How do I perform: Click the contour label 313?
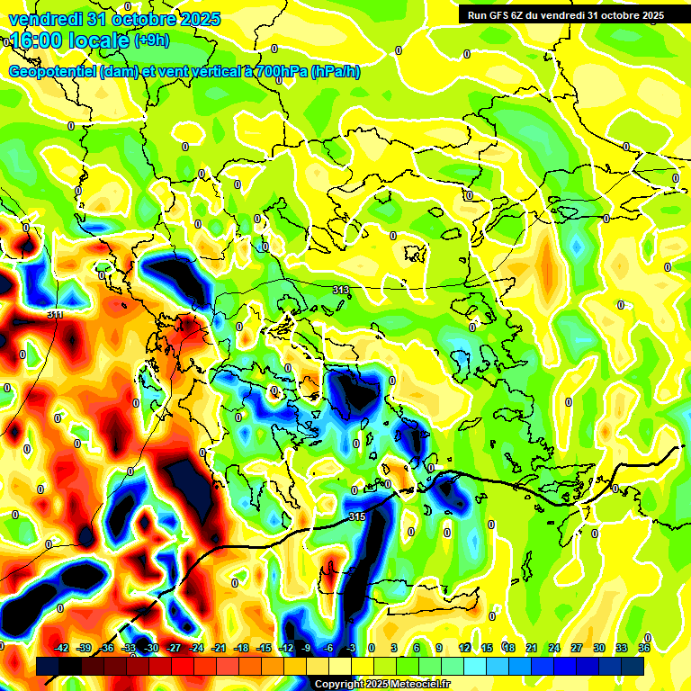click(x=341, y=290)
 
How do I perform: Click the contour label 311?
click(x=55, y=314)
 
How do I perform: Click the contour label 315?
click(x=356, y=516)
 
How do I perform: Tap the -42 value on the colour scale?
click(x=62, y=648)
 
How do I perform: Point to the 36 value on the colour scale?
click(x=644, y=648)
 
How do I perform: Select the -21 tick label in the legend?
click(x=219, y=648)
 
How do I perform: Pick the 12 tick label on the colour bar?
click(x=464, y=648)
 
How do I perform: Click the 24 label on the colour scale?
click(x=554, y=648)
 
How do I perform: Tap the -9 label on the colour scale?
click(x=306, y=648)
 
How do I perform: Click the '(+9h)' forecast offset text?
click(x=151, y=40)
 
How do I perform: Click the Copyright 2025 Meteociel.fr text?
click(x=381, y=684)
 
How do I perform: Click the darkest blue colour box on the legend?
click(x=633, y=666)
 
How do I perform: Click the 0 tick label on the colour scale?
click(x=372, y=648)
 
